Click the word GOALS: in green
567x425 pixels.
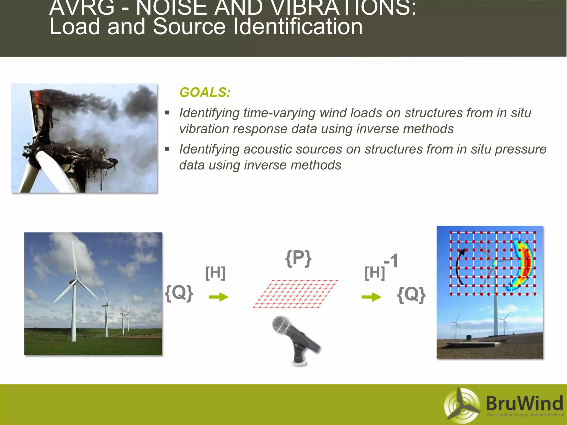click(x=205, y=92)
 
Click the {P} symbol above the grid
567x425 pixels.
click(x=298, y=258)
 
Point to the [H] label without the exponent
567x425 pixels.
click(x=215, y=273)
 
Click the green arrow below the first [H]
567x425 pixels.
click(x=218, y=297)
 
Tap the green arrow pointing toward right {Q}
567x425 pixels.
click(x=371, y=297)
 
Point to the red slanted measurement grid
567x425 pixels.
click(x=295, y=294)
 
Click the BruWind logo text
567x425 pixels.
click(x=524, y=403)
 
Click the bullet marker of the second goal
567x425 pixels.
click(x=167, y=149)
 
